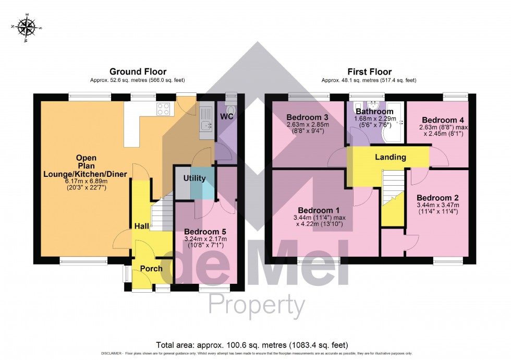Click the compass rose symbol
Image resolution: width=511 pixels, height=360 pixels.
point(26,27)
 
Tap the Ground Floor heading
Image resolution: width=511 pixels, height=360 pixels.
point(138,71)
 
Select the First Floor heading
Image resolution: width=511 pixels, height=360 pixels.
point(369,71)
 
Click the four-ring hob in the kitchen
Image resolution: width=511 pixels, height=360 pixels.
point(164,109)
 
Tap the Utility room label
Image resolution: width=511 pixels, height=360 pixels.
point(194,178)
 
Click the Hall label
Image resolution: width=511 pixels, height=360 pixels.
point(142,226)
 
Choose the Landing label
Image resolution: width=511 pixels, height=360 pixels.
point(390,157)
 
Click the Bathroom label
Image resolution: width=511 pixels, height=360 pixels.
point(374,111)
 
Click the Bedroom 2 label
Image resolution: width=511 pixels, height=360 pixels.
point(437,198)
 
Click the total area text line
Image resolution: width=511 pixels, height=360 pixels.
point(252,344)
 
